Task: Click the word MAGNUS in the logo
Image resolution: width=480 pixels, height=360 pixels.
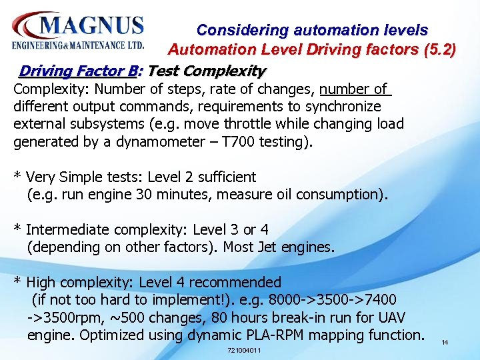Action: click(x=91, y=26)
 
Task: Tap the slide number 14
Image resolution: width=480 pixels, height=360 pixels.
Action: click(x=444, y=342)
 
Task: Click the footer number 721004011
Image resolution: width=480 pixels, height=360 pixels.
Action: click(x=244, y=351)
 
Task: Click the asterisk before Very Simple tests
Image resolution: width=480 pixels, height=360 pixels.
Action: click(x=17, y=177)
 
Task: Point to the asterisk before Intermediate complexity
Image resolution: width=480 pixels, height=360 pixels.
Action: click(x=17, y=230)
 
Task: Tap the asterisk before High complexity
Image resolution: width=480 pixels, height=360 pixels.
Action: click(x=17, y=283)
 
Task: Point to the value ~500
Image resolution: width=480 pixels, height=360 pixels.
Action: click(x=138, y=317)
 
